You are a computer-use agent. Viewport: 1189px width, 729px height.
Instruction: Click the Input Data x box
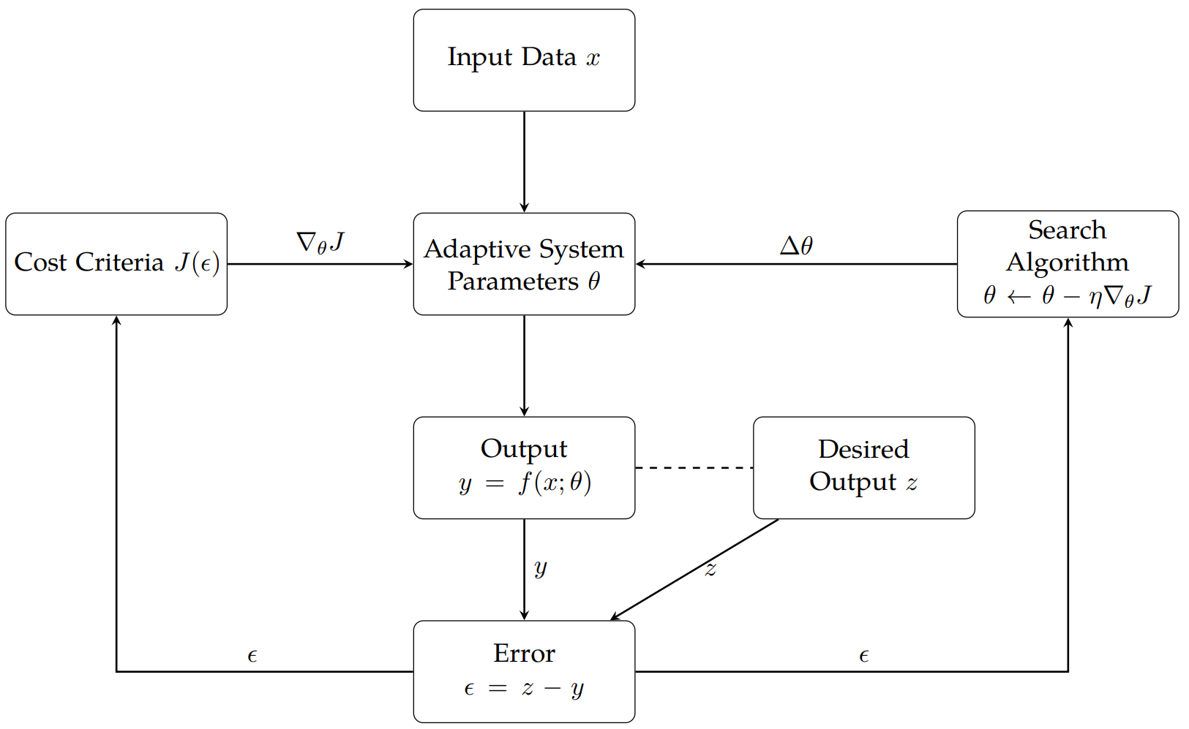(x=524, y=60)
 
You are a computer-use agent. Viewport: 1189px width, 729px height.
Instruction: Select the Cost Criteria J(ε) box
(x=116, y=264)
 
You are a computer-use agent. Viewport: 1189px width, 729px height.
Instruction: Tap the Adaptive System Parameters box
(x=524, y=264)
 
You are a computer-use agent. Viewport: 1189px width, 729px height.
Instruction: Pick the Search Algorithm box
(x=1068, y=264)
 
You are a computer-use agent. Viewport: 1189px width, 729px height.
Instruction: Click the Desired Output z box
(x=863, y=468)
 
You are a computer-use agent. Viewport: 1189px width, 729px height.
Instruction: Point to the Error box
(x=524, y=671)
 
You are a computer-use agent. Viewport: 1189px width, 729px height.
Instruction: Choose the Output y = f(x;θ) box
(x=524, y=468)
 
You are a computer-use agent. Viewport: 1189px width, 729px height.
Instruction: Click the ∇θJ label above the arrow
(x=320, y=242)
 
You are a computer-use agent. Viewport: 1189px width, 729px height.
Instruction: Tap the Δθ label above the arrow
(x=796, y=245)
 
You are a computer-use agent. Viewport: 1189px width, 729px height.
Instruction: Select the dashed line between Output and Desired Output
(x=694, y=467)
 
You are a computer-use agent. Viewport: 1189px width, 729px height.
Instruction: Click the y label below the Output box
(x=541, y=567)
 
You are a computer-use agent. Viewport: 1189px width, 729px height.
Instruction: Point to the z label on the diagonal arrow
(x=710, y=570)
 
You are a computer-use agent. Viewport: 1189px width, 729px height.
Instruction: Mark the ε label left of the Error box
(x=252, y=656)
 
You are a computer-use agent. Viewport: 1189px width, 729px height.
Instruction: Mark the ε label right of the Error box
(x=864, y=656)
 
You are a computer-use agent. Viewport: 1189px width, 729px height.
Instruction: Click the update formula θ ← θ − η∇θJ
(x=1068, y=295)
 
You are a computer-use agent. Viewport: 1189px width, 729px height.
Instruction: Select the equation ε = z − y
(x=524, y=689)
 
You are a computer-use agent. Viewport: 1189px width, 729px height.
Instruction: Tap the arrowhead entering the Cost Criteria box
(x=116, y=321)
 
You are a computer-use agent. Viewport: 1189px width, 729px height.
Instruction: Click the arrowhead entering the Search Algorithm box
(x=1068, y=323)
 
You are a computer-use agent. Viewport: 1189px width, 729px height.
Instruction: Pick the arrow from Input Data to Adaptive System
(x=524, y=161)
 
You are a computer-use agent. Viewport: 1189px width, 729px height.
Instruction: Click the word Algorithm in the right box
(x=1068, y=262)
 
